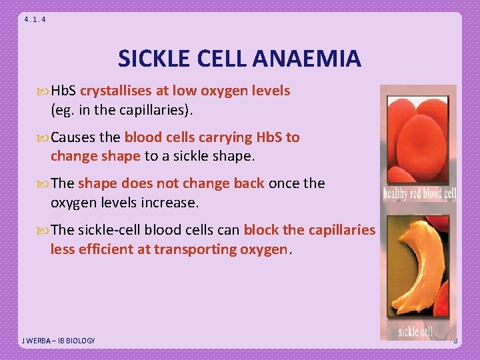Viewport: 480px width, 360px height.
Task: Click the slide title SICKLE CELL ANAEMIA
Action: point(239,59)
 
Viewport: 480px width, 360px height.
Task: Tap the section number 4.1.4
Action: point(35,19)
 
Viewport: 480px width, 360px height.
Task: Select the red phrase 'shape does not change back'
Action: point(171,183)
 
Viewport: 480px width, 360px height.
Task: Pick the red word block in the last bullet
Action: point(261,230)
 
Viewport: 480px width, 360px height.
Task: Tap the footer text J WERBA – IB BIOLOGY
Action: point(59,341)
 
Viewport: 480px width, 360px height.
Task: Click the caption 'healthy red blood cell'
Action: point(419,195)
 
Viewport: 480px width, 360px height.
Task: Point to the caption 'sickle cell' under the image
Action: point(417,331)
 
